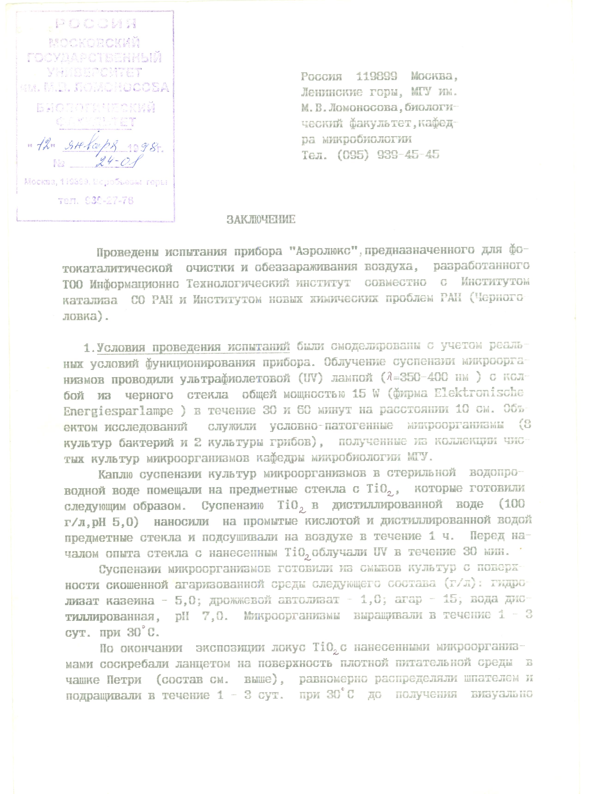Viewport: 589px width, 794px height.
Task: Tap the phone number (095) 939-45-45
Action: pos(388,155)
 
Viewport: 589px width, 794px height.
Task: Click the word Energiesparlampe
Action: pos(118,411)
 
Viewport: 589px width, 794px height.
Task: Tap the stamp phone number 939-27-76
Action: pos(109,201)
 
